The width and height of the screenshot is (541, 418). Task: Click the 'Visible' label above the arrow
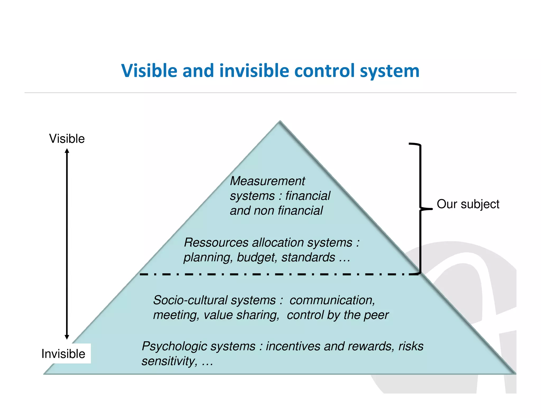pos(67,139)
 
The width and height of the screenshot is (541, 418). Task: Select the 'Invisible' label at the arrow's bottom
pos(63,354)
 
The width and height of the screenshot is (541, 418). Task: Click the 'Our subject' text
pos(468,204)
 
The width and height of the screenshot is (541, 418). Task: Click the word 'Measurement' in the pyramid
pos(267,181)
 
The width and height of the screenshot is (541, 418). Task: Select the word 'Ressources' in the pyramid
pos(216,243)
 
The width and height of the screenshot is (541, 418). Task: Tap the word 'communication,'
pos(332,300)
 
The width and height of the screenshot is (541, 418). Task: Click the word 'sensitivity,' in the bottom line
pos(169,361)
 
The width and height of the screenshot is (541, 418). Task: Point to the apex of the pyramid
pos(280,122)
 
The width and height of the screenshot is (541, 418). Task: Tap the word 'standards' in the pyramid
pos(308,258)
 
